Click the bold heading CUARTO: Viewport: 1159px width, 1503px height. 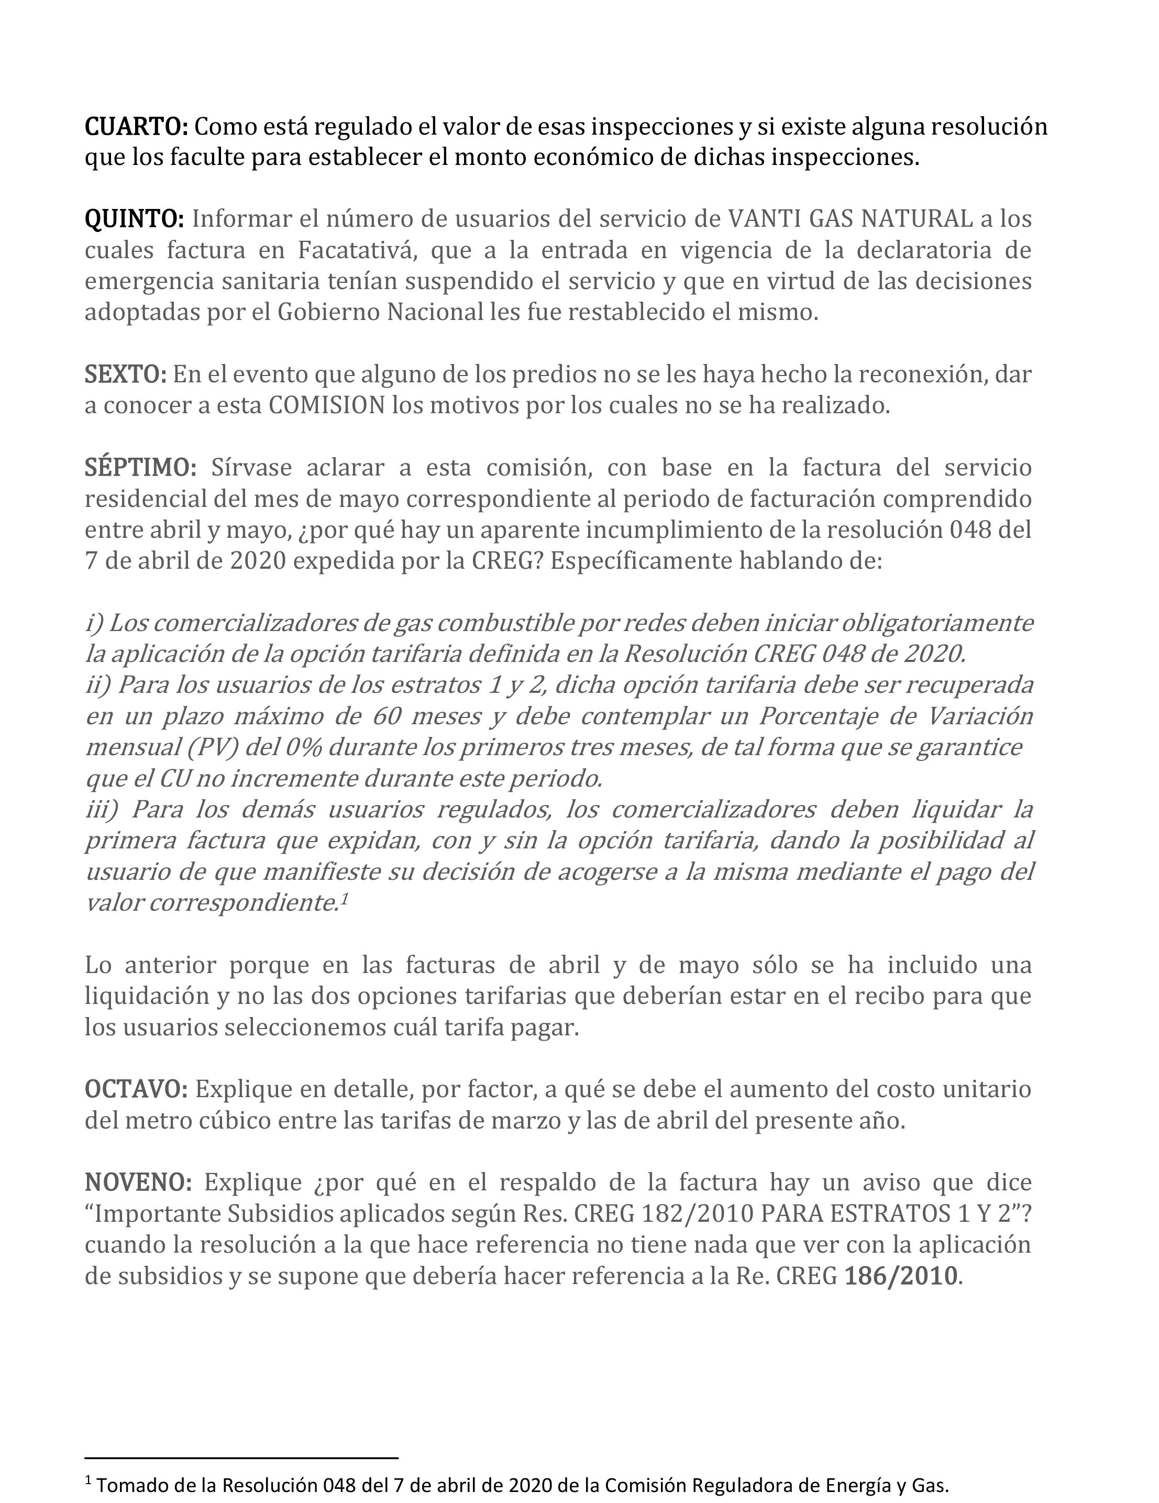point(136,127)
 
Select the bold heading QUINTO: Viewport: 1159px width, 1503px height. point(134,219)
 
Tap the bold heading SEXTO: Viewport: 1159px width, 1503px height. point(125,375)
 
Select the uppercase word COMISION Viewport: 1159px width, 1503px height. point(326,406)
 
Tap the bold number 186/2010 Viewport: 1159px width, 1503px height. point(900,1277)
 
